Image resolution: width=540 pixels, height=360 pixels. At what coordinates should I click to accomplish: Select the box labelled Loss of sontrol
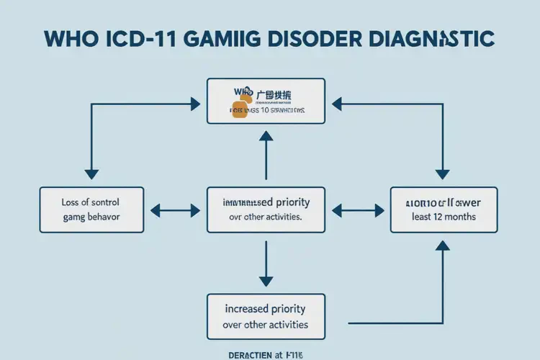coord(91,210)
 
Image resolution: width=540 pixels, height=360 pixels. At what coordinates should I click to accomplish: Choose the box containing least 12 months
coord(443,210)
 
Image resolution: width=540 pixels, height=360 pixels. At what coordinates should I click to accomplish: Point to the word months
coord(462,217)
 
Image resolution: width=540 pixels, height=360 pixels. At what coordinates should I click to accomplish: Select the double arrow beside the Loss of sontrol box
coord(174,210)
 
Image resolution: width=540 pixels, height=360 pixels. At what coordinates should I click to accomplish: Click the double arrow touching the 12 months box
coord(358,210)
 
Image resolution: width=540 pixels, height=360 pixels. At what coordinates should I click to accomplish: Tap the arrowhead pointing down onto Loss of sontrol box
coord(91,174)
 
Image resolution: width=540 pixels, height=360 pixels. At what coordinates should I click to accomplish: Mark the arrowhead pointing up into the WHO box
coord(266,136)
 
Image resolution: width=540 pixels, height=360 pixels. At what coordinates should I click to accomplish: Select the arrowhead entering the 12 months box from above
coord(443,174)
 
